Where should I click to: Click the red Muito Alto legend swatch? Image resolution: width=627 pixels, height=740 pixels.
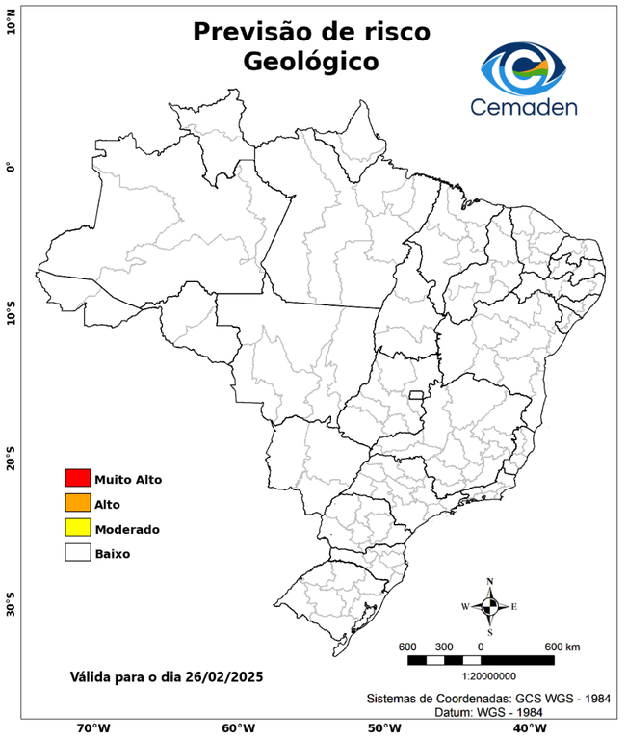click(x=77, y=478)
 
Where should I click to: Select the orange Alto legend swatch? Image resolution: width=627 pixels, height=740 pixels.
click(x=77, y=503)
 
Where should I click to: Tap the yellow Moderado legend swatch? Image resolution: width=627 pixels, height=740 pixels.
click(x=77, y=528)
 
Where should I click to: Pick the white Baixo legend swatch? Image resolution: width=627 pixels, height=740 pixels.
click(x=77, y=553)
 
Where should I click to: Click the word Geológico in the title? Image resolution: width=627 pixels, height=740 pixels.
click(x=311, y=62)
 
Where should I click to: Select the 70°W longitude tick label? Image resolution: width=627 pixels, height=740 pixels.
click(x=92, y=727)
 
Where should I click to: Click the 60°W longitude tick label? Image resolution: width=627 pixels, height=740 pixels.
click(x=238, y=727)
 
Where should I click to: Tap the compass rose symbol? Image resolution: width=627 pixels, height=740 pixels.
click(x=490, y=606)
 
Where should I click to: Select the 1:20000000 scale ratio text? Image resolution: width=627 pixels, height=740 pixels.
click(x=480, y=676)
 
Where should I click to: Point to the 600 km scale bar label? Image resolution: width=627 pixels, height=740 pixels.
click(x=562, y=646)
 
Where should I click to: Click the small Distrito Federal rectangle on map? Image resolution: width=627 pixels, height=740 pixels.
click(x=417, y=395)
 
